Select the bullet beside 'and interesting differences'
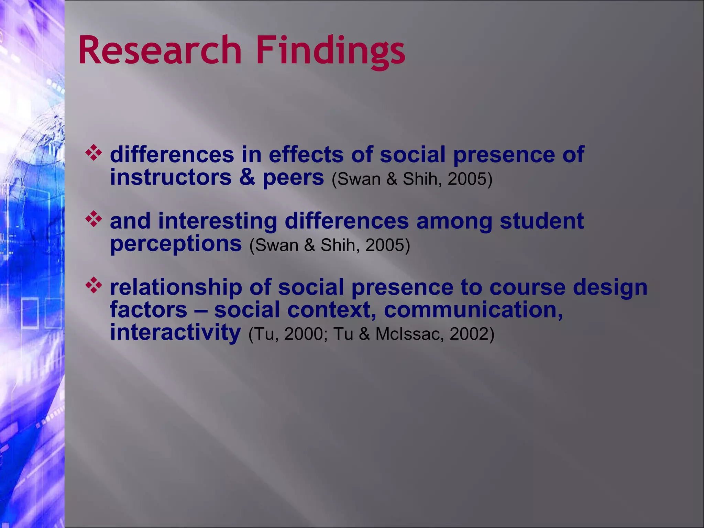(x=94, y=220)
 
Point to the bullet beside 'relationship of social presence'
(x=94, y=286)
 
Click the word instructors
(x=170, y=177)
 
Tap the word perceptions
(x=176, y=244)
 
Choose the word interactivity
(x=175, y=333)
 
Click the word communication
(x=473, y=310)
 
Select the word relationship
(x=176, y=287)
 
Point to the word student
(x=541, y=221)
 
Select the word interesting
(x=217, y=221)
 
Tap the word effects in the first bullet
(x=306, y=154)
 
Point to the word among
(x=454, y=221)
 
